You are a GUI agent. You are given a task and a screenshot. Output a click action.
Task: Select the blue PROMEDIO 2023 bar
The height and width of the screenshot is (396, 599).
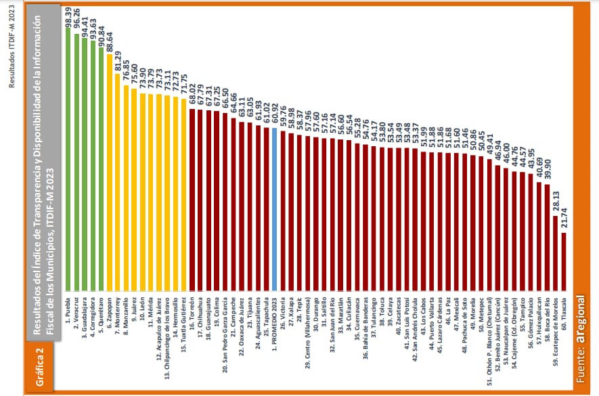[x=275, y=210]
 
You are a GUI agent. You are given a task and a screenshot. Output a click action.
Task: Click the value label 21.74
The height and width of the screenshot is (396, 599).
[x=564, y=220]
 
